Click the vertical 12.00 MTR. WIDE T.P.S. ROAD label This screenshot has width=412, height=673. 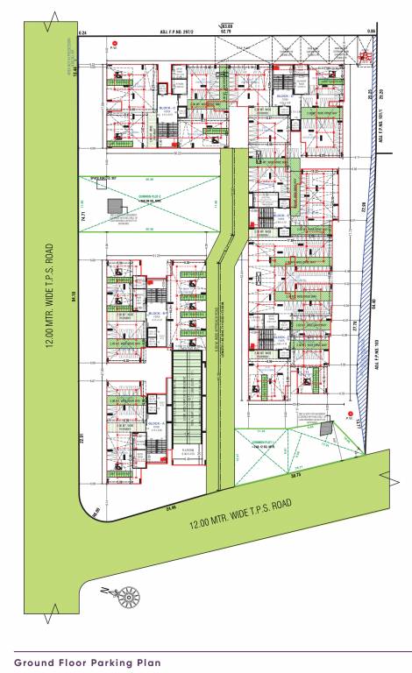pos(52,297)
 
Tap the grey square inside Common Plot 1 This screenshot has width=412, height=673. pos(326,429)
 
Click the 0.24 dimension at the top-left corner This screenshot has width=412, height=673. pos(82,32)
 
